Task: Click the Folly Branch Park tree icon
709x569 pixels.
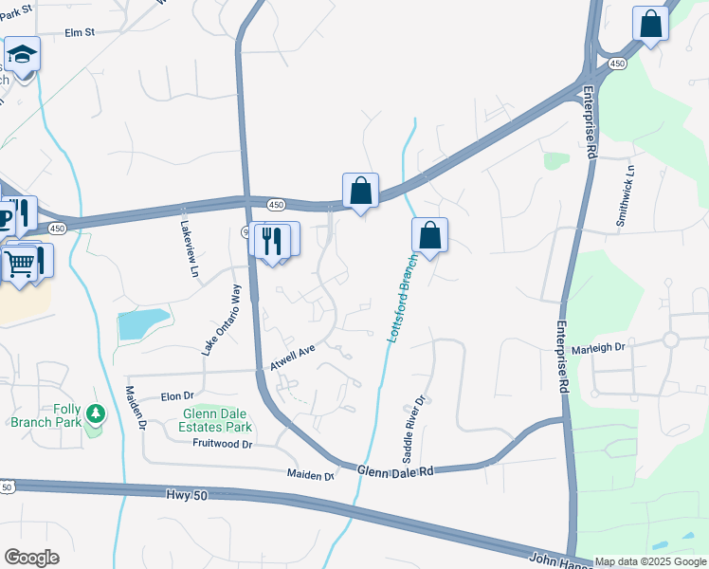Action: [95, 414]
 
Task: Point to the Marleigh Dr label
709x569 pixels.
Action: [601, 347]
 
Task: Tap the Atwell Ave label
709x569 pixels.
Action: [291, 358]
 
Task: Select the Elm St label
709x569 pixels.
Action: [81, 32]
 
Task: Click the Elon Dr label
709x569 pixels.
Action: [177, 395]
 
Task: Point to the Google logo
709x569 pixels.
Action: [31, 558]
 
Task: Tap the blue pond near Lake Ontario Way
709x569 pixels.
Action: [143, 324]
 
